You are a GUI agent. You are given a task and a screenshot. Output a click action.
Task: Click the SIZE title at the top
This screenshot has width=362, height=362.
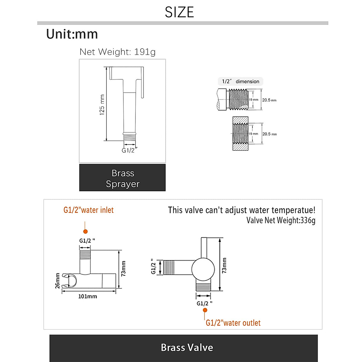pyautogui.click(x=179, y=12)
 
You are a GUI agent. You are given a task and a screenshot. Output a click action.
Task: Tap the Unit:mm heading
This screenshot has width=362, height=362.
pyautogui.click(x=72, y=34)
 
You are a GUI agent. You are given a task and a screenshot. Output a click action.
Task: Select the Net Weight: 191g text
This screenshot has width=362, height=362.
pyautogui.click(x=118, y=52)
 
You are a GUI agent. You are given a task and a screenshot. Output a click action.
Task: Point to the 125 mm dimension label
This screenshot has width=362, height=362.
pyautogui.click(x=102, y=105)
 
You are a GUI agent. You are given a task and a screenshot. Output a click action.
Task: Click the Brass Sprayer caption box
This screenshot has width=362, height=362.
pyautogui.click(x=122, y=177)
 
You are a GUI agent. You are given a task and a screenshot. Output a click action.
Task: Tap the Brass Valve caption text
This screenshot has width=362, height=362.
pyautogui.click(x=187, y=348)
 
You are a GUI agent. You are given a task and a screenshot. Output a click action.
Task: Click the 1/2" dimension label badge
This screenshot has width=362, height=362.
pyautogui.click(x=240, y=81)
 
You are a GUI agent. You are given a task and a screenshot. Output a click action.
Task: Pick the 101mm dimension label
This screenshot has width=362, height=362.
pyautogui.click(x=87, y=297)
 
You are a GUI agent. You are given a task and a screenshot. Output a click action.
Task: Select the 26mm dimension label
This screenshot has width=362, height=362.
pyautogui.click(x=57, y=281)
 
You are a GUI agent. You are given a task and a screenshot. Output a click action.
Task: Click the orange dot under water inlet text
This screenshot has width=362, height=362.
pyautogui.click(x=85, y=231)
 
